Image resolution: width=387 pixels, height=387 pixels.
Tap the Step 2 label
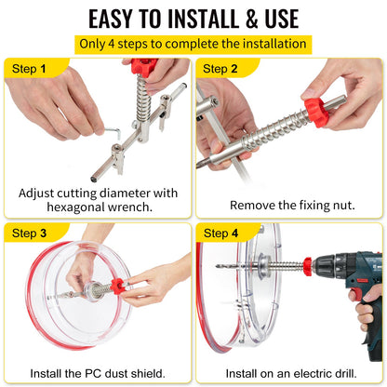(x=221, y=68)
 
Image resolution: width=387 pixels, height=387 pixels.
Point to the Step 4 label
(x=221, y=233)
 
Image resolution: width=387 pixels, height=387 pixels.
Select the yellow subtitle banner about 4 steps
(x=193, y=44)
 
